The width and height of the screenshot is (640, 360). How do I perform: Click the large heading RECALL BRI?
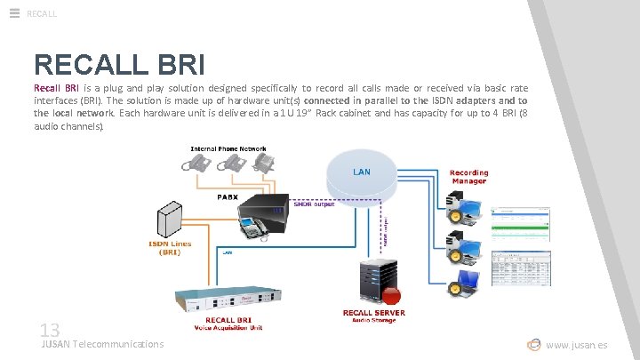click(120, 64)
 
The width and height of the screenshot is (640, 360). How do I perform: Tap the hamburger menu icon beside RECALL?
click(14, 12)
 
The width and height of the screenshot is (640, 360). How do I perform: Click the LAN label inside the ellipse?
click(362, 171)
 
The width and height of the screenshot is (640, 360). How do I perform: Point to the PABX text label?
click(228, 196)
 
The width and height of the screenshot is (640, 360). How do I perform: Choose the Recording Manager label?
click(468, 177)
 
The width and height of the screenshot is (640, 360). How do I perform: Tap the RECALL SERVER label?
click(374, 312)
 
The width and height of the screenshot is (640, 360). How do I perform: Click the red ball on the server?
click(391, 294)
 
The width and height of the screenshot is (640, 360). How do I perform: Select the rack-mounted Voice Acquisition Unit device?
click(230, 296)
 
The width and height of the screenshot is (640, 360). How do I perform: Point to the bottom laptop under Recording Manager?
click(468, 283)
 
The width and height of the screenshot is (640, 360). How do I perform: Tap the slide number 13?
click(49, 329)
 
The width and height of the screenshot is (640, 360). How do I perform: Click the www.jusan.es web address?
click(577, 344)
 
